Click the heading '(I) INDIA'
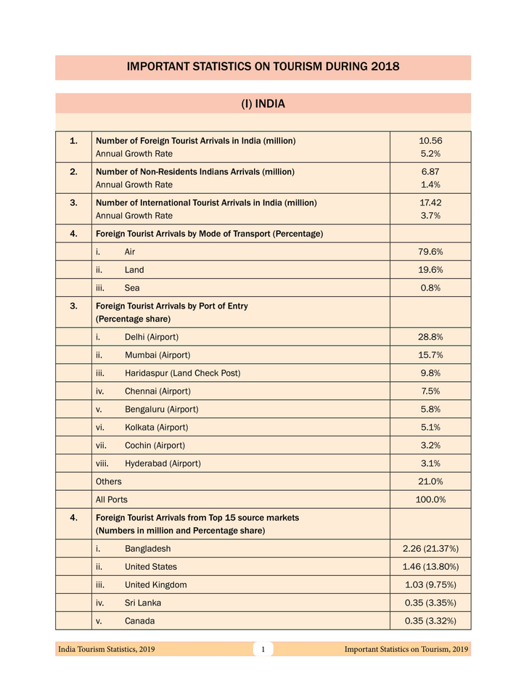click(x=263, y=104)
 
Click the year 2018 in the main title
click(x=385, y=67)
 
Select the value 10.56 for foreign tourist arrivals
click(x=430, y=140)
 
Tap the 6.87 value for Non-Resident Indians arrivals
click(x=430, y=171)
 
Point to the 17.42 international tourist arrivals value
click(x=430, y=203)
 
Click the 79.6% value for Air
click(x=430, y=252)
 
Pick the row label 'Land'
click(x=134, y=270)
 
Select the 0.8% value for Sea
click(x=430, y=288)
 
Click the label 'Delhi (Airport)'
click(x=151, y=338)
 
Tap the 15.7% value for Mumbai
click(x=430, y=356)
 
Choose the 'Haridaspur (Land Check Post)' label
click(x=182, y=373)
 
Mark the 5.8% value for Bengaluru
click(x=430, y=409)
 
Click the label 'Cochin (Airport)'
click(x=155, y=446)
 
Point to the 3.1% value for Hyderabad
click(x=430, y=463)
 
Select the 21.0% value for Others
click(x=430, y=481)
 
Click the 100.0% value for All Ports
click(x=430, y=500)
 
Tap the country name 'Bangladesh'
click(x=147, y=549)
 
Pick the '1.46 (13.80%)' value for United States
click(x=430, y=567)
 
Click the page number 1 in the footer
click(x=263, y=650)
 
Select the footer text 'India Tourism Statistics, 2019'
click(x=106, y=650)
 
